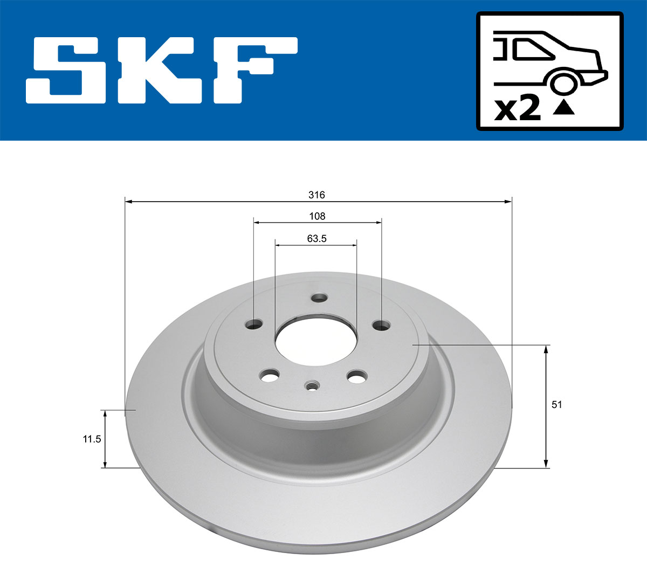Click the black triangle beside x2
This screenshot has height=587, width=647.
pos(563,108)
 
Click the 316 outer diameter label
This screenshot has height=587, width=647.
pos(317,195)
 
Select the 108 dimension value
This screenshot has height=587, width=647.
pos(317,216)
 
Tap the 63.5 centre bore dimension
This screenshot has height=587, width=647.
pos(317,238)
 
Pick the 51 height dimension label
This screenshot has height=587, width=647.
pos(557,404)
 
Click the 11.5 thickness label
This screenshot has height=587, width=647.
pos(91,439)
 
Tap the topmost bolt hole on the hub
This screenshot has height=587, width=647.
pos(320,298)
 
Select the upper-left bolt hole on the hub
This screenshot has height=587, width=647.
pos(253,324)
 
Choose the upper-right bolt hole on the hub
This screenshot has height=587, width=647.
pos(382,325)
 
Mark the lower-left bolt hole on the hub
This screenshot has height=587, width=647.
pos(270,375)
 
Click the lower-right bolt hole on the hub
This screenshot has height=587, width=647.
pos(356,377)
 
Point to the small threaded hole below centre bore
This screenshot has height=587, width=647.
pos(312,385)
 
